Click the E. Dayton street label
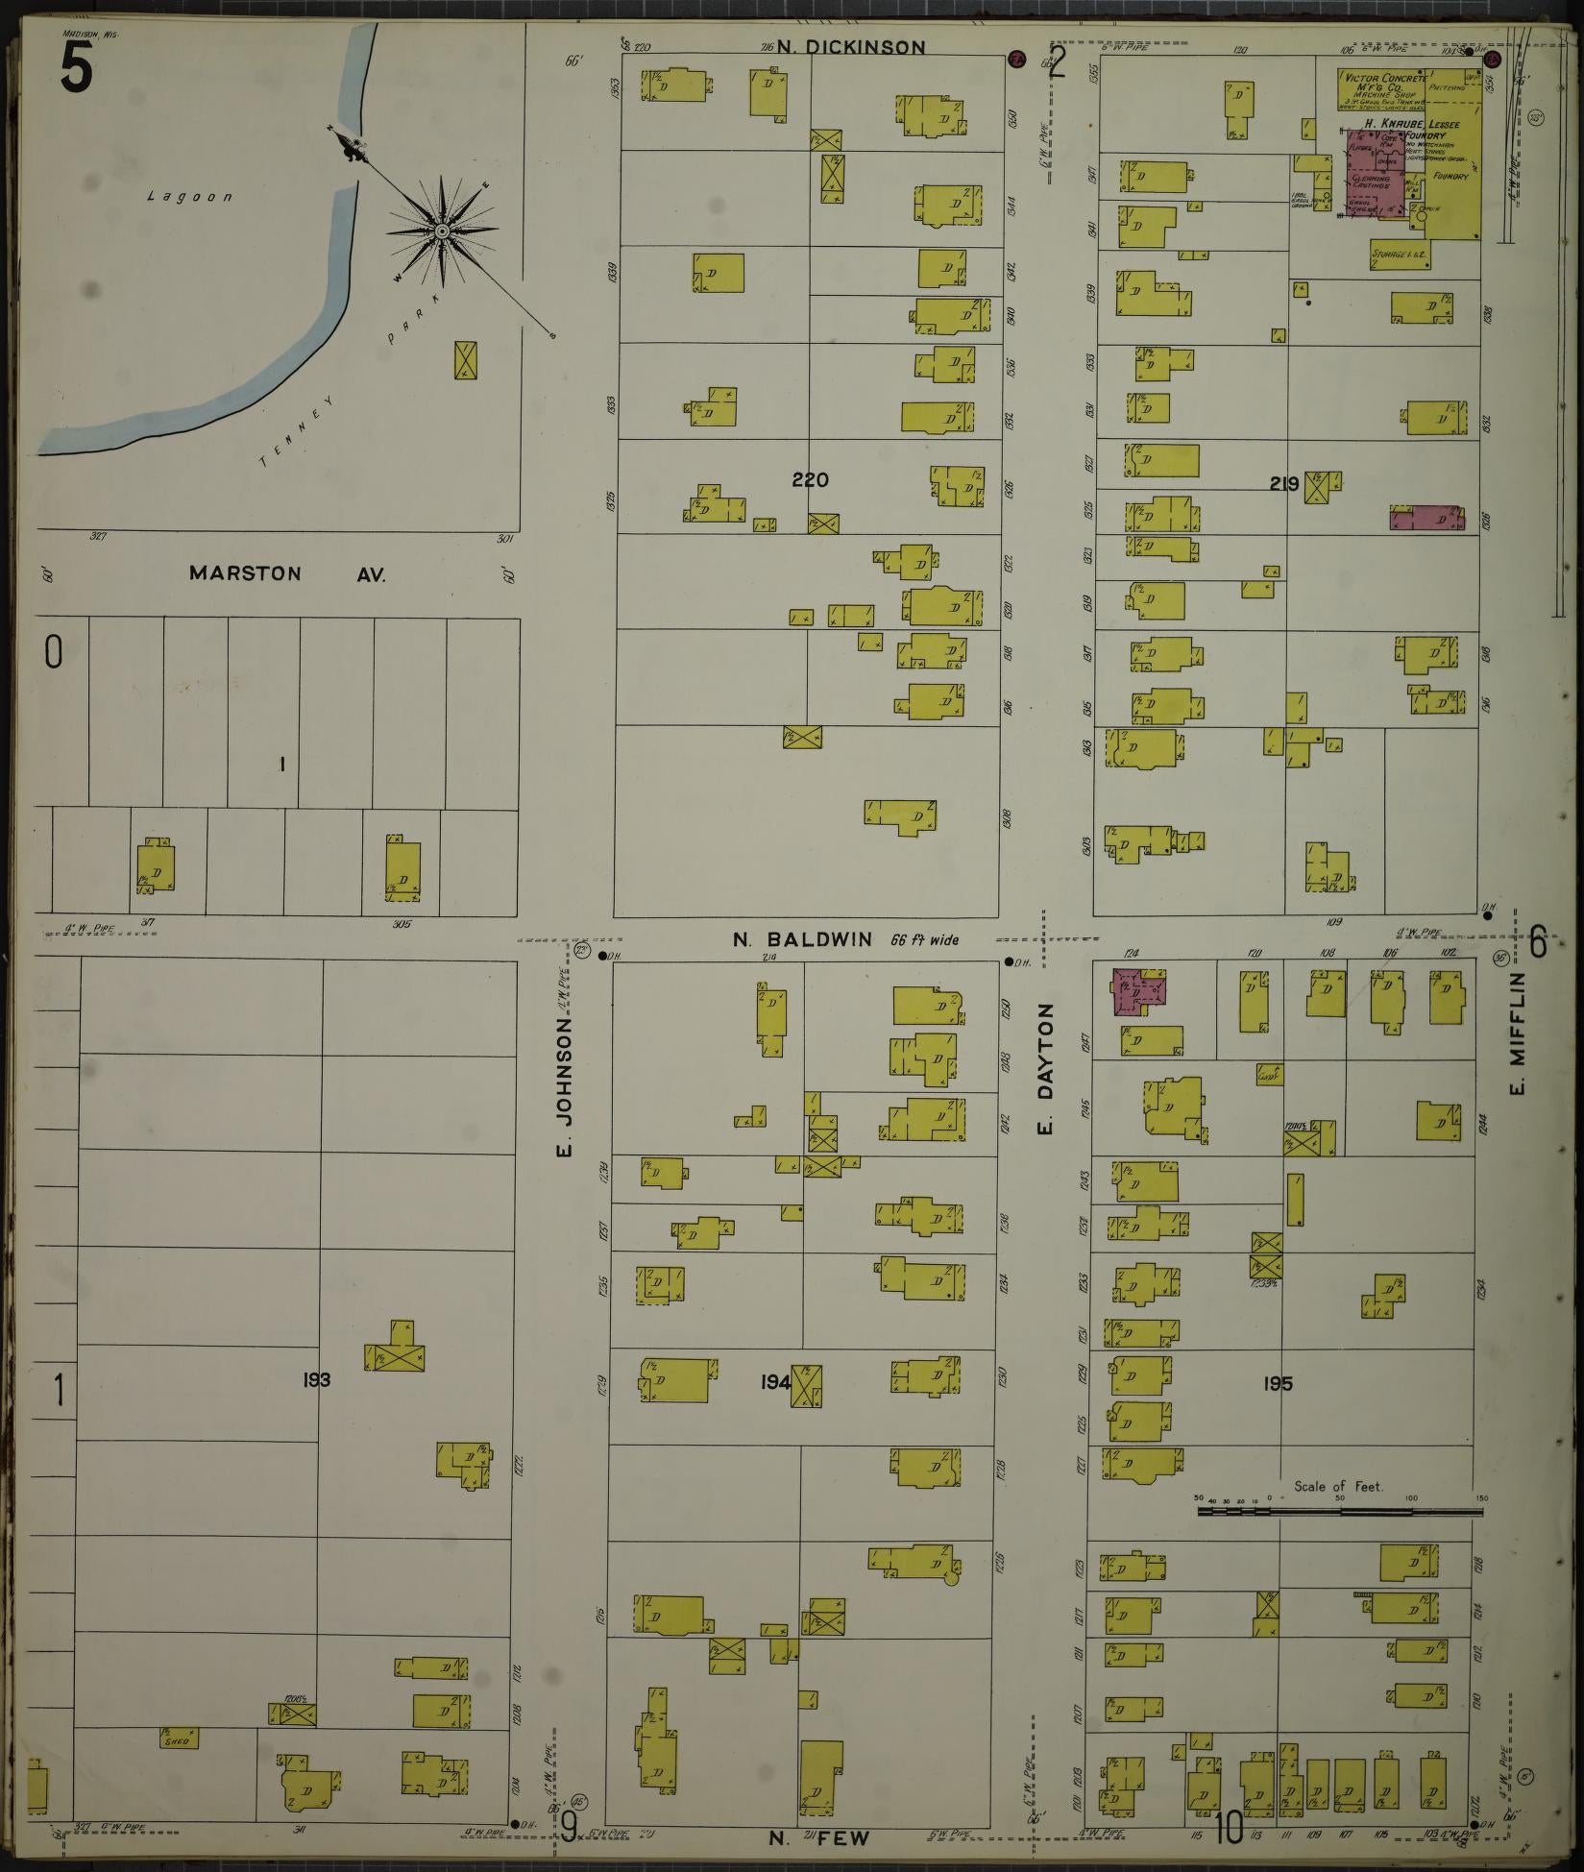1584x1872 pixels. [1047, 1067]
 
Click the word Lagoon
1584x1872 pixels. [190, 197]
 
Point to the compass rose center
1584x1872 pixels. [442, 231]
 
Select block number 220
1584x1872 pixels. [810, 480]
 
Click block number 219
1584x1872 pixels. [1284, 484]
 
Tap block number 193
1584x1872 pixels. [315, 1380]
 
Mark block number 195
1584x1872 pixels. [1278, 1384]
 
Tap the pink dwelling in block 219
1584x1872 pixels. [1427, 518]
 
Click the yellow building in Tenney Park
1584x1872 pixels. [466, 359]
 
